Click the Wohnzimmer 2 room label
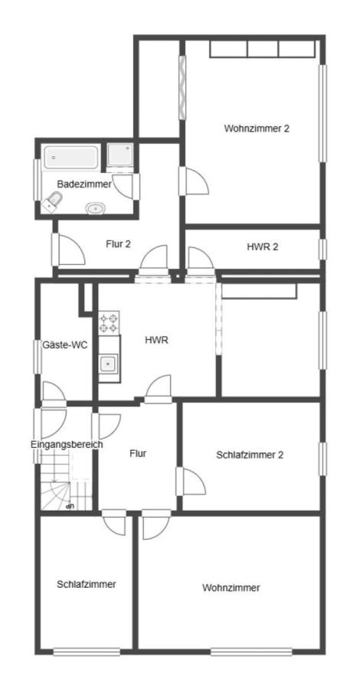pyautogui.click(x=257, y=128)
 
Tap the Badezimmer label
pyautogui.click(x=83, y=184)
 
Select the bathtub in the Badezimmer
pyautogui.click(x=70, y=158)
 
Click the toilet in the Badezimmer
pyautogui.click(x=53, y=201)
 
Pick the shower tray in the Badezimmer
pyautogui.click(x=119, y=155)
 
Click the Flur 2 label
pyautogui.click(x=118, y=244)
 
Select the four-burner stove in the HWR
pyautogui.click(x=109, y=322)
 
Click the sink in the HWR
pyautogui.click(x=109, y=364)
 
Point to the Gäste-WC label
pyautogui.click(x=70, y=345)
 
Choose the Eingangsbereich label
pyautogui.click(x=67, y=444)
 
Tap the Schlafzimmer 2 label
pyautogui.click(x=250, y=454)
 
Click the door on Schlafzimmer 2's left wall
pyautogui.click(x=190, y=482)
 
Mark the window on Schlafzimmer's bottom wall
pyautogui.click(x=87, y=652)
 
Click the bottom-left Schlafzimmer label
pyautogui.click(x=86, y=584)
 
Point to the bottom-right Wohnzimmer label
pyautogui.click(x=231, y=588)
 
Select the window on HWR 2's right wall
pyautogui.click(x=322, y=249)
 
